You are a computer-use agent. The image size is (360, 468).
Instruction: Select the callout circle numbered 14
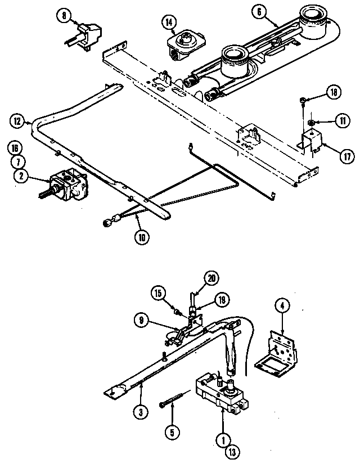(169, 22)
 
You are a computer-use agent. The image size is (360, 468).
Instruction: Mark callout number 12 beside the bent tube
(17, 120)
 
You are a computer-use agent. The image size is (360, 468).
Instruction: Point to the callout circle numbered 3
(141, 412)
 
